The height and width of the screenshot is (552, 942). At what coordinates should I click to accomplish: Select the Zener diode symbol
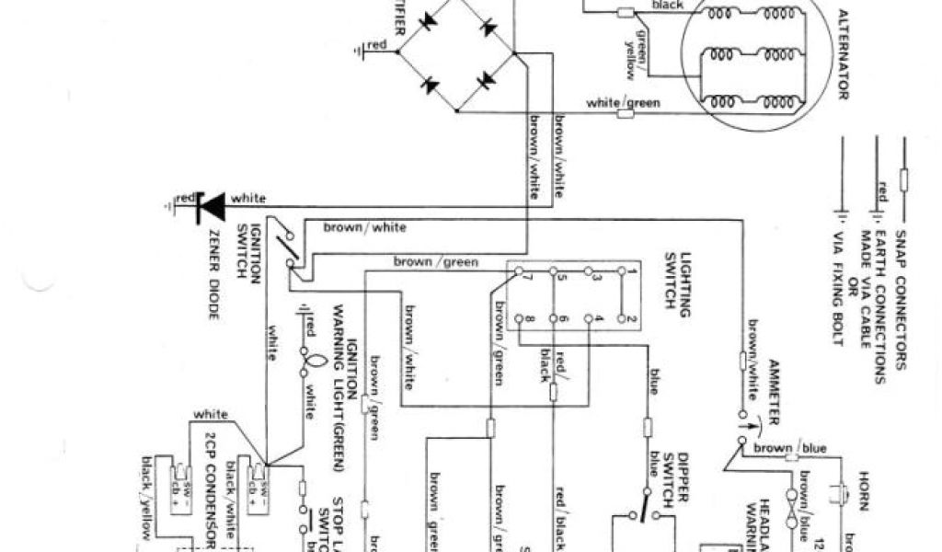212,207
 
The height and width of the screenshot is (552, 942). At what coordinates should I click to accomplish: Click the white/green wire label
623,103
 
